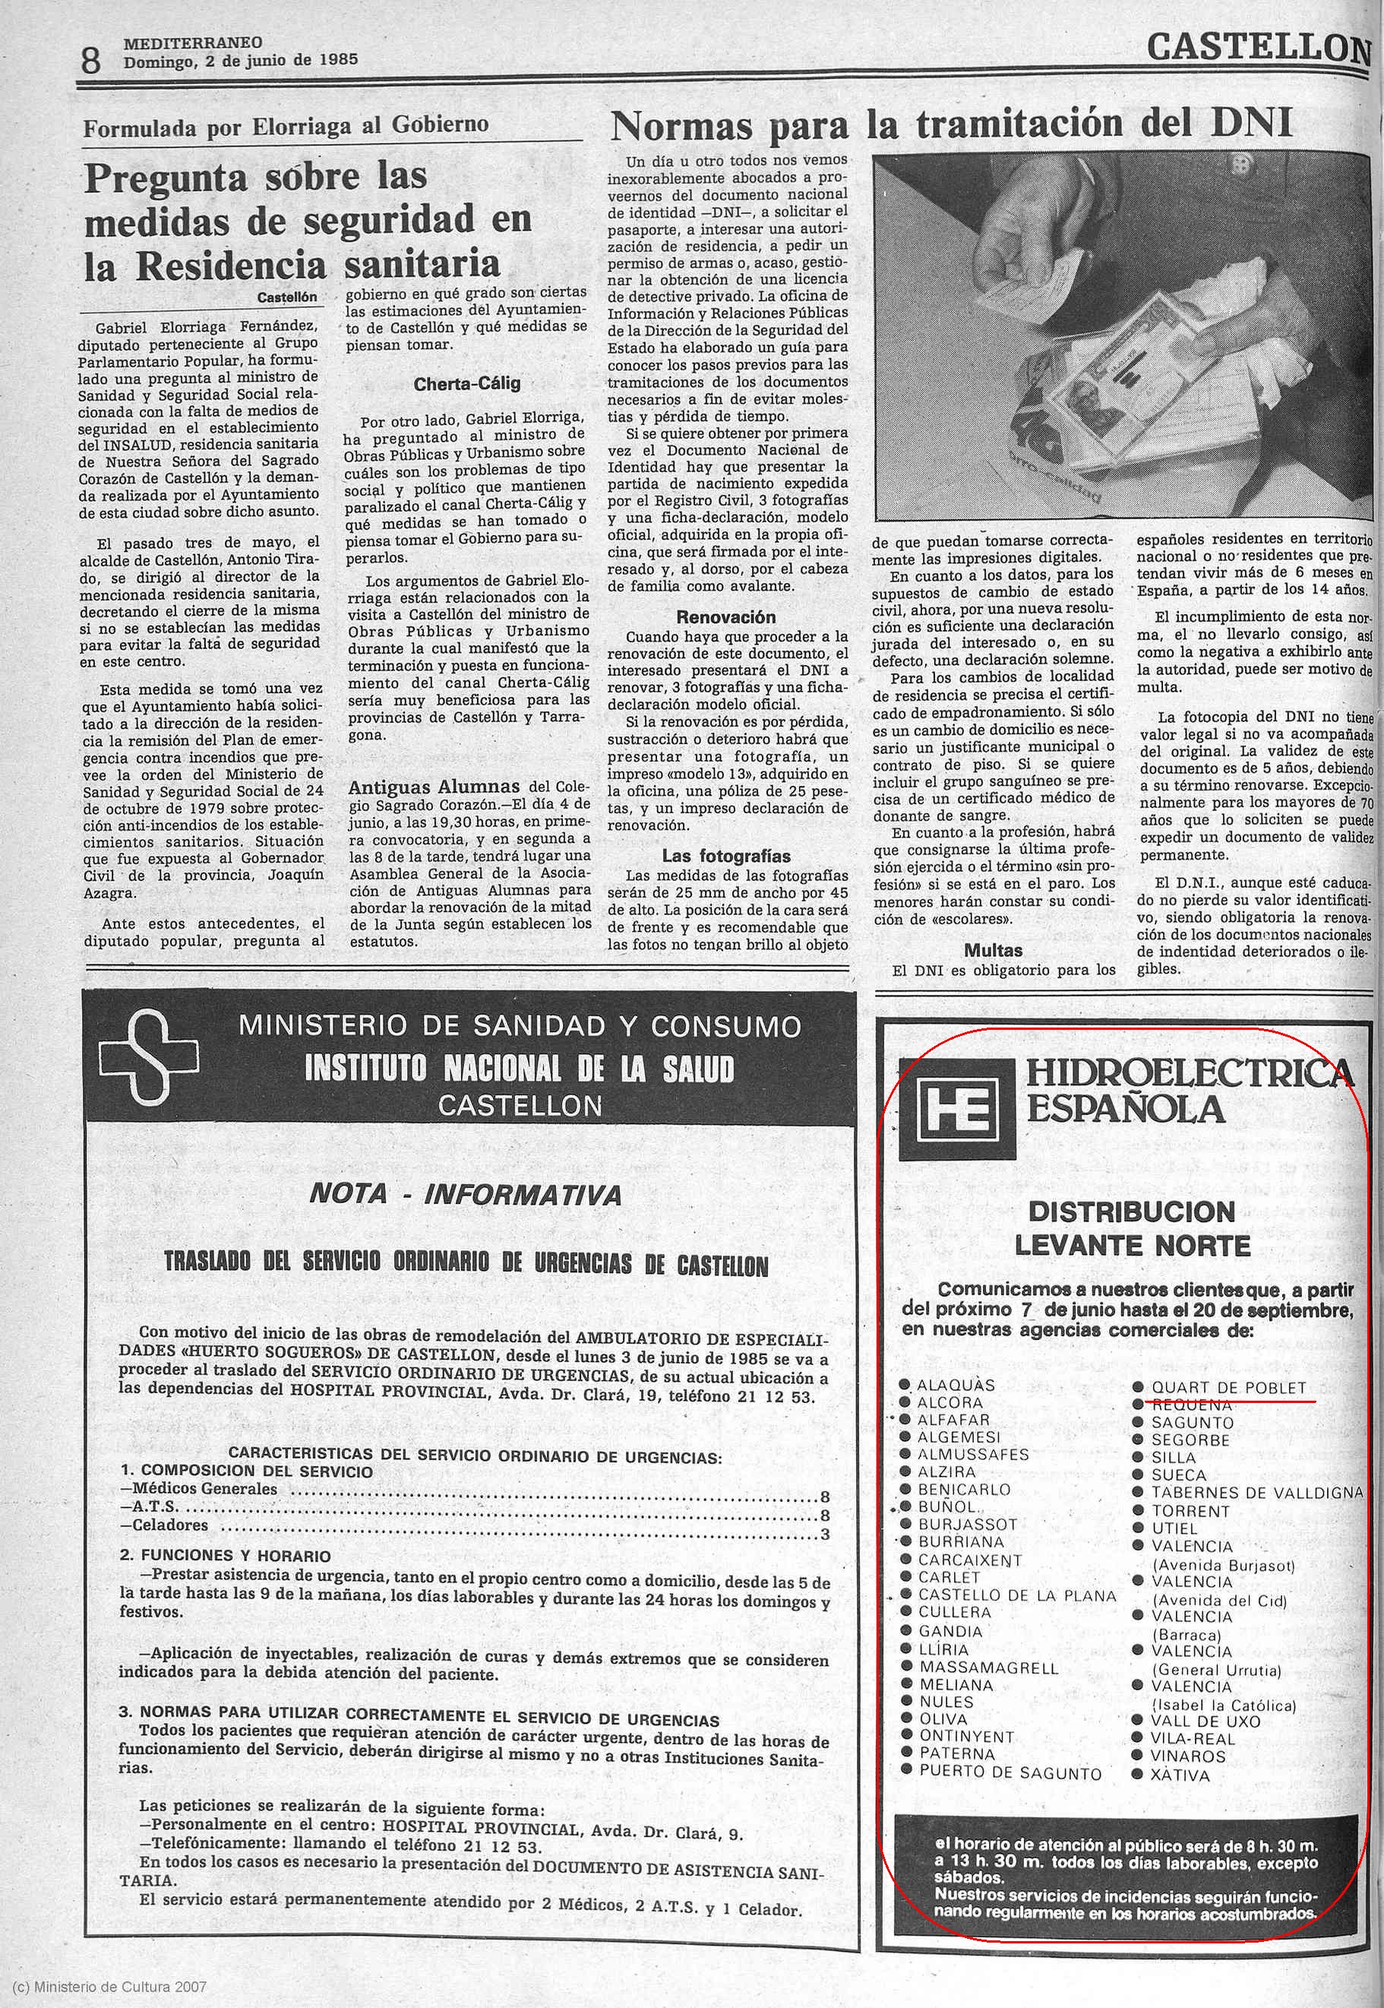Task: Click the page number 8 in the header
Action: pos(91,60)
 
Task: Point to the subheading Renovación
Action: pos(726,618)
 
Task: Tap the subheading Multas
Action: pos(993,950)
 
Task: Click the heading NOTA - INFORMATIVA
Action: pos(466,1196)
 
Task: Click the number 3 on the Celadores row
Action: pos(825,1535)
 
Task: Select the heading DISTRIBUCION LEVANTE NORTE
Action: pos(1132,1228)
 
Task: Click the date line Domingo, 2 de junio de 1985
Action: pos(240,61)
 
